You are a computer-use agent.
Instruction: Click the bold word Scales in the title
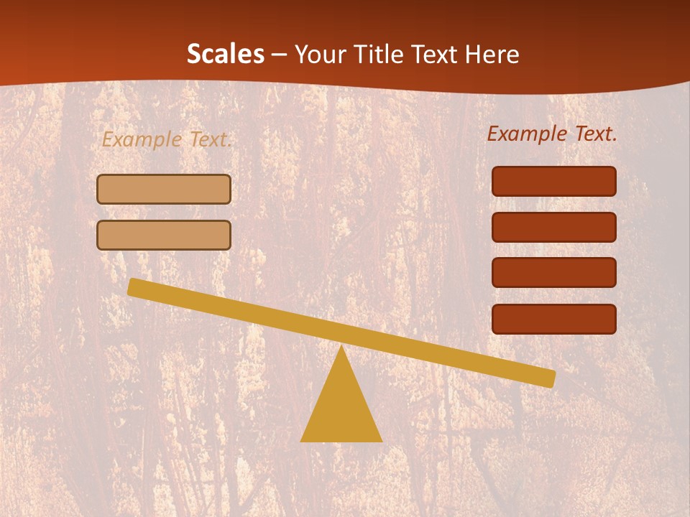point(225,55)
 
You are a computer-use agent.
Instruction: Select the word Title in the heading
point(377,55)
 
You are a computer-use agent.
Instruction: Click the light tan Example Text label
point(167,139)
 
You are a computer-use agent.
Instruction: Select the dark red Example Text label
point(552,134)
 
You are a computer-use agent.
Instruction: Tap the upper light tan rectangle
point(164,190)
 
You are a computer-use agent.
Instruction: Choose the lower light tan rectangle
point(164,236)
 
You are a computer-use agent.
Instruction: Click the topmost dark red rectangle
point(554,182)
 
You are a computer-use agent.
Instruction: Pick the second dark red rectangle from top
point(554,227)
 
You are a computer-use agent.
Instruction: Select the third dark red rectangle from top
point(554,273)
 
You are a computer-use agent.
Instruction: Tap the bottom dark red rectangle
point(554,319)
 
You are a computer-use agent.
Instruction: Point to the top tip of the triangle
point(341,348)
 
